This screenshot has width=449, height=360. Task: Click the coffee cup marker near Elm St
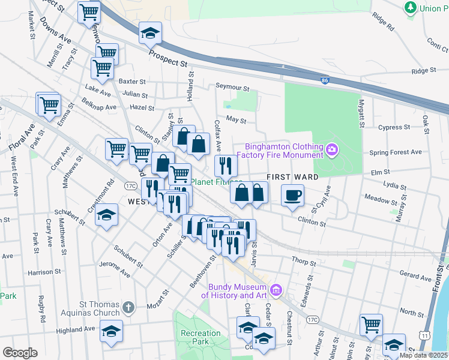pos(292,196)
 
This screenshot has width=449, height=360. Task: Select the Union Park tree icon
pos(411,8)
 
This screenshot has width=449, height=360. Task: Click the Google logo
pos(20,353)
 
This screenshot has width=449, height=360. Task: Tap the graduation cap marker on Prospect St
pos(150,34)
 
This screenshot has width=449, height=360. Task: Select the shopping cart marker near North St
pos(372,325)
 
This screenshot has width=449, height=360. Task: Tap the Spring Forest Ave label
pos(396,152)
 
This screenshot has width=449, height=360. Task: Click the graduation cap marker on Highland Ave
pos(110,332)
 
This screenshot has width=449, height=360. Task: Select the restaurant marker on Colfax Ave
pos(226,165)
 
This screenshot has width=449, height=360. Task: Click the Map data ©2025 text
pos(424,355)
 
